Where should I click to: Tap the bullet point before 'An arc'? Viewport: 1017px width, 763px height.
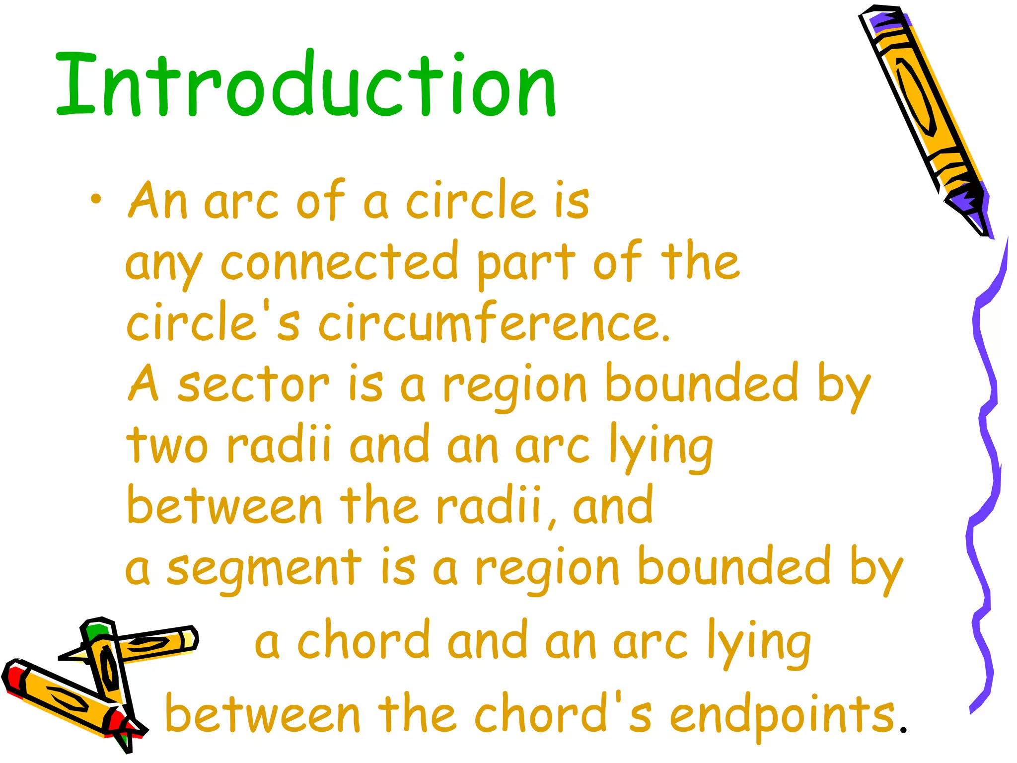96,200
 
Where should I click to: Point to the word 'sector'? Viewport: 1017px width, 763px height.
253,385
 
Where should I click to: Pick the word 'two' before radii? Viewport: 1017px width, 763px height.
167,445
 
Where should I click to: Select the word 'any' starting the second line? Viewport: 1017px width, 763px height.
164,266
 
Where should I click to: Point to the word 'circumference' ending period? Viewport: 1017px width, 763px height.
665,338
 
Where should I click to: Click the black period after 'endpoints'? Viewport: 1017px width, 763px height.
903,730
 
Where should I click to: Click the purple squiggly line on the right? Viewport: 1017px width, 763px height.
986,472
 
